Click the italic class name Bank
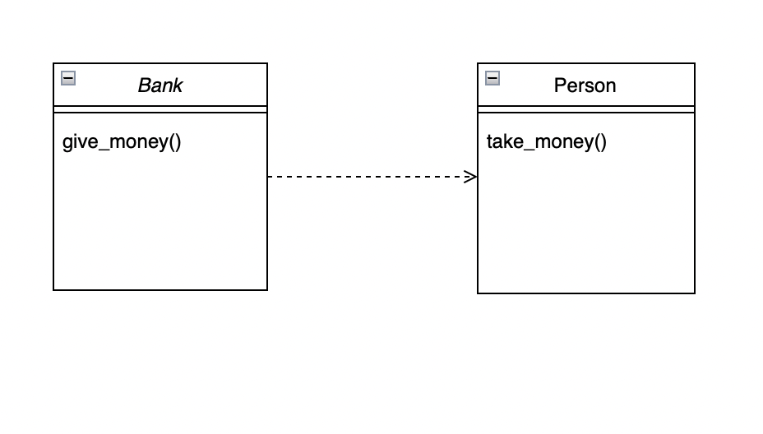(160, 85)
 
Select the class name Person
(585, 85)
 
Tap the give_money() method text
(122, 141)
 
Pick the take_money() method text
(546, 141)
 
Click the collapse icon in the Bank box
(68, 78)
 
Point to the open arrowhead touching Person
(471, 176)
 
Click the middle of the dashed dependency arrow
(372, 176)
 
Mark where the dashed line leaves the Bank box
(268, 176)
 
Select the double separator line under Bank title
(160, 109)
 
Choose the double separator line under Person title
(585, 109)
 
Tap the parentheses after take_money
(600, 141)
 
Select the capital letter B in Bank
(143, 85)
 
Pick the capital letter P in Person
(560, 85)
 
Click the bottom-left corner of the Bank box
(53, 289)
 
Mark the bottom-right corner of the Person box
(695, 293)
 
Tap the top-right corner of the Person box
(695, 63)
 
